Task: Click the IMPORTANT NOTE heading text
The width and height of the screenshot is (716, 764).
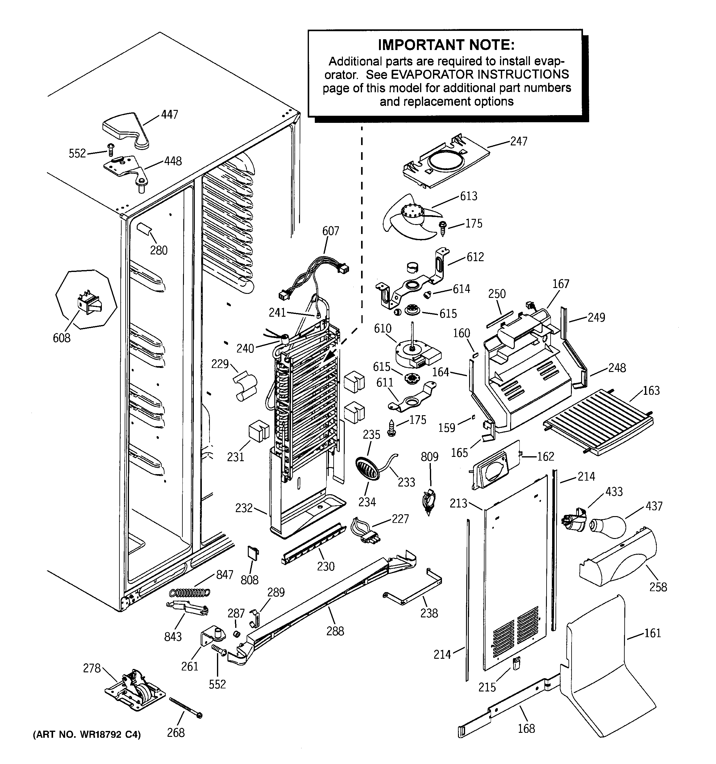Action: click(x=446, y=45)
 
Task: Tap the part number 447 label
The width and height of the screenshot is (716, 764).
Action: click(x=169, y=115)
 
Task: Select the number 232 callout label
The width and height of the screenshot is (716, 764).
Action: click(x=244, y=508)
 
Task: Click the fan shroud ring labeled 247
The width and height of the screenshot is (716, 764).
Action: click(x=446, y=161)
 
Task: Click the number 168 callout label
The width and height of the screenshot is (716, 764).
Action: click(x=526, y=728)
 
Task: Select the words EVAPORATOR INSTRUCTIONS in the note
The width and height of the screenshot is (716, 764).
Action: click(x=467, y=74)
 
